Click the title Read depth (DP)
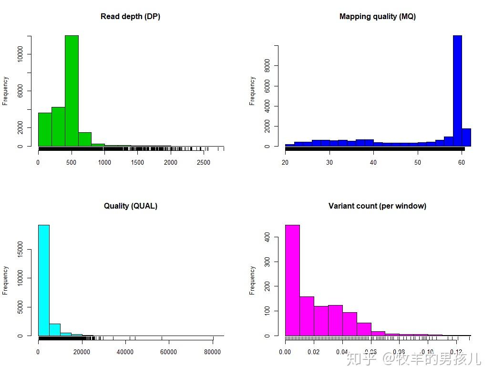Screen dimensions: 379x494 [130, 17]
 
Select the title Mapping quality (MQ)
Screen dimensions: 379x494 [377, 17]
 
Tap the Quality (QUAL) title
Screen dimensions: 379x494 [130, 206]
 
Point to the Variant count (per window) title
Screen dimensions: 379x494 [377, 206]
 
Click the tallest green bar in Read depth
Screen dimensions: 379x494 [72, 91]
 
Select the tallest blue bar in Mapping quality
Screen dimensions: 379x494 [457, 91]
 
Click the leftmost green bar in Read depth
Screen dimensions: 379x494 [45, 129]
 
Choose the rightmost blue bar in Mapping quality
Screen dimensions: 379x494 [466, 137]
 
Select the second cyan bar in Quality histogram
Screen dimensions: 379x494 [55, 330]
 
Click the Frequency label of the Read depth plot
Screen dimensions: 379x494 [5, 91]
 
